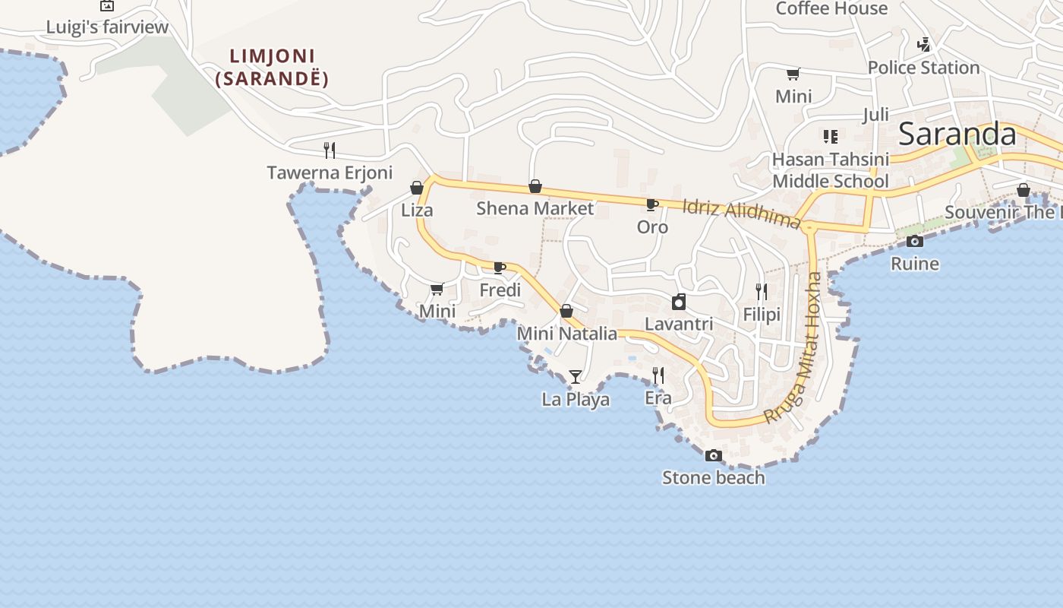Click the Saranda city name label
(957, 135)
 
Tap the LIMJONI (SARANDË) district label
(273, 67)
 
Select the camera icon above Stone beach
(713, 456)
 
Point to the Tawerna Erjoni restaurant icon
(330, 150)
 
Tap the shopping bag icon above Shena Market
(535, 186)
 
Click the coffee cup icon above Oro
(651, 204)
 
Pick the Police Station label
(923, 68)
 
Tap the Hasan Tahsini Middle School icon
(830, 137)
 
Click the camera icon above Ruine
(915, 242)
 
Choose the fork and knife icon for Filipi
(762, 292)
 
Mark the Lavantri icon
(679, 302)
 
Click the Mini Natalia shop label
(566, 333)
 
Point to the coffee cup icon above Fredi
(499, 268)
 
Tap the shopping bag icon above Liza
(417, 188)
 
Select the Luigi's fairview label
(107, 27)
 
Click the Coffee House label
(831, 8)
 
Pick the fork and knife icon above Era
(658, 375)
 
